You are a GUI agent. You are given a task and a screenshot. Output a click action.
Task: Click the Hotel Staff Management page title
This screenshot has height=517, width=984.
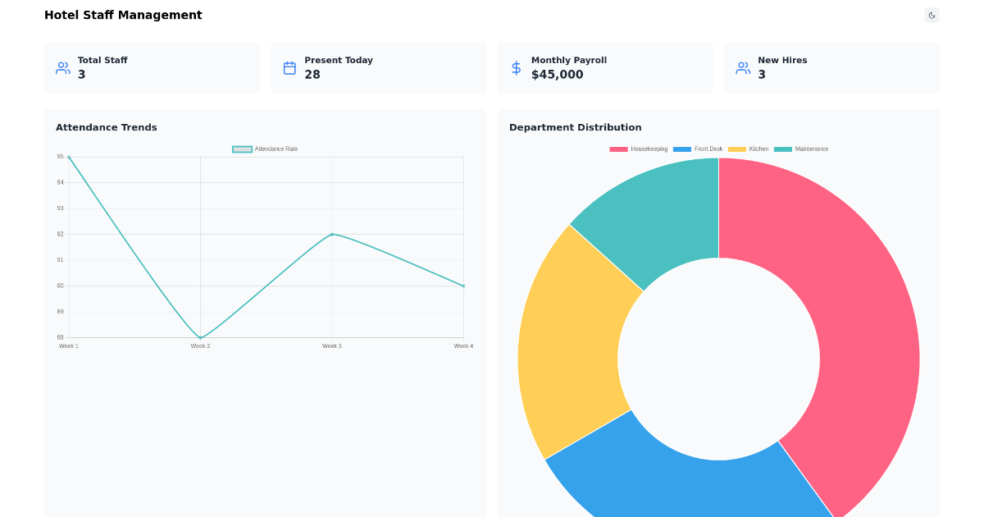(123, 15)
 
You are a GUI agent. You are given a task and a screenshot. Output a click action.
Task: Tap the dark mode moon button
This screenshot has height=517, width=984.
(932, 15)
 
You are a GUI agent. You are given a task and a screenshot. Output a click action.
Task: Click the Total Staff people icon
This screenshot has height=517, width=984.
(63, 68)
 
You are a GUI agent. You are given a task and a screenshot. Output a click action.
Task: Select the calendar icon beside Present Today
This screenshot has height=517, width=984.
(289, 68)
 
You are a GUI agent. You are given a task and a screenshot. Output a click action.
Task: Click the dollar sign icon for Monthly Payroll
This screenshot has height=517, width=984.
(516, 68)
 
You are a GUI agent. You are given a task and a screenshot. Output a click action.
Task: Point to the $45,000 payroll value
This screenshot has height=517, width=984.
(557, 75)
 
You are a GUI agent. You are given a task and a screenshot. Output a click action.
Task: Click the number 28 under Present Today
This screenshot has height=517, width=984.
(312, 75)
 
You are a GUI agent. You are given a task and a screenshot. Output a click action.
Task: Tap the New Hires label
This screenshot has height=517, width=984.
(782, 60)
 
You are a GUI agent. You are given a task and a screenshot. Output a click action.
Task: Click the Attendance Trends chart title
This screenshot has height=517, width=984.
(107, 127)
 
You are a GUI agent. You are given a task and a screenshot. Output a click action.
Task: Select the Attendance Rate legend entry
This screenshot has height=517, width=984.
(266, 149)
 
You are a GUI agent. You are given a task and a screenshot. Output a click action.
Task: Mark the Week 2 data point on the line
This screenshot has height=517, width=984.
(200, 337)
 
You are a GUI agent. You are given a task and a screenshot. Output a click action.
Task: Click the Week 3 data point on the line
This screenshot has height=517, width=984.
(332, 234)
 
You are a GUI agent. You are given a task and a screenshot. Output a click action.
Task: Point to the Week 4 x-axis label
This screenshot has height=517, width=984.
(463, 346)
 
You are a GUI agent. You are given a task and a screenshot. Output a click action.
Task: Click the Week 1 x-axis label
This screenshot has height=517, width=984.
(69, 346)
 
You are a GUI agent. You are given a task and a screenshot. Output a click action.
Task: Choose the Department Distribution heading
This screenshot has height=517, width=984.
(575, 127)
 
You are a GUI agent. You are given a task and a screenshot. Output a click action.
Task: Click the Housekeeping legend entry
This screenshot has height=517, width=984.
(639, 149)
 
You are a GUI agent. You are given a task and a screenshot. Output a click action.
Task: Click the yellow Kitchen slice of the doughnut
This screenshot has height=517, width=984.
(570, 345)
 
